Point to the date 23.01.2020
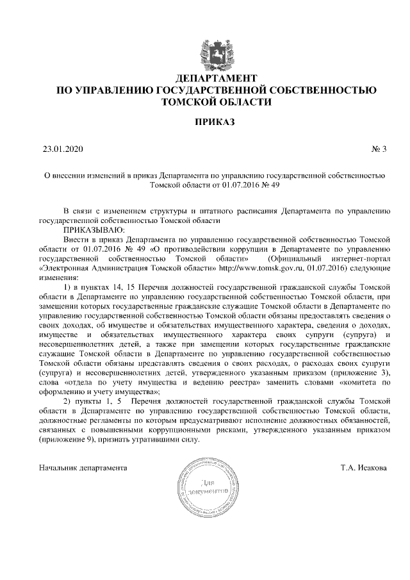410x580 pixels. tap(60, 150)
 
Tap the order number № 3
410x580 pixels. tap(379, 150)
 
